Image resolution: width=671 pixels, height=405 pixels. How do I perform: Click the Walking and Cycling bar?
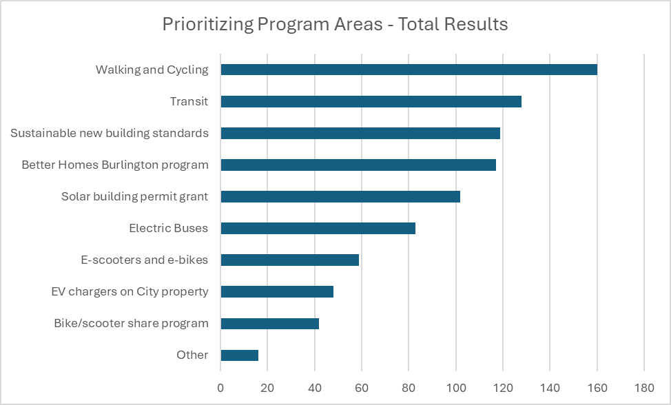coord(409,70)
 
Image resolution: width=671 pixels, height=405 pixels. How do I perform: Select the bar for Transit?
coord(371,102)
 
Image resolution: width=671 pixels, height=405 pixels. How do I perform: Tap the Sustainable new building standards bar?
coord(360,134)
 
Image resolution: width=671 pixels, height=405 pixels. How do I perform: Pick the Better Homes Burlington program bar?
coord(358,165)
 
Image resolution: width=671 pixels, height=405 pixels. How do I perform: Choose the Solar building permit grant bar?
coord(340,197)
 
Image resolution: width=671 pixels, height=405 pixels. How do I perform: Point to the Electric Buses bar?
coord(318,229)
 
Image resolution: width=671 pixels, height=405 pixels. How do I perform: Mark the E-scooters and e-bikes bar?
coord(289,260)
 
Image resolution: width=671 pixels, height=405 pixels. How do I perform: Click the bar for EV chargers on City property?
coord(277,292)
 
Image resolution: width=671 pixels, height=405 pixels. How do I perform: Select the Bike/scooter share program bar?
coord(269,324)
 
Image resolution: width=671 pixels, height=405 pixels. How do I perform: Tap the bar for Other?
coord(239,355)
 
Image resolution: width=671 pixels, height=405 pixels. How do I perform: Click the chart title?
coord(335,25)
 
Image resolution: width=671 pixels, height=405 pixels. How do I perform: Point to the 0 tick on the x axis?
coord(220,388)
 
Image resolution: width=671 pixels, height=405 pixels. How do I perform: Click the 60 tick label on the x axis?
coord(362,388)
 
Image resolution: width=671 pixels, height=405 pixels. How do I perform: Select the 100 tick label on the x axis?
coord(455,388)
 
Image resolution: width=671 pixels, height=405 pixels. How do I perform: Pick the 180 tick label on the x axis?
coord(643,388)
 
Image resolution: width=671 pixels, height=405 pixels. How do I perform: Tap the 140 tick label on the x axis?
coord(550,388)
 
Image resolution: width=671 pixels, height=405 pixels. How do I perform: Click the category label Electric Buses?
coord(169,229)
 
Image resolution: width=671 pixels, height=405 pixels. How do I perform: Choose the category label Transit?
coord(189,102)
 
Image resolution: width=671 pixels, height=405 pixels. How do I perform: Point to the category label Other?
coord(192,355)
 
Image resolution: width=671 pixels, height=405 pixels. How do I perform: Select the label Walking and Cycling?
coord(152,70)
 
